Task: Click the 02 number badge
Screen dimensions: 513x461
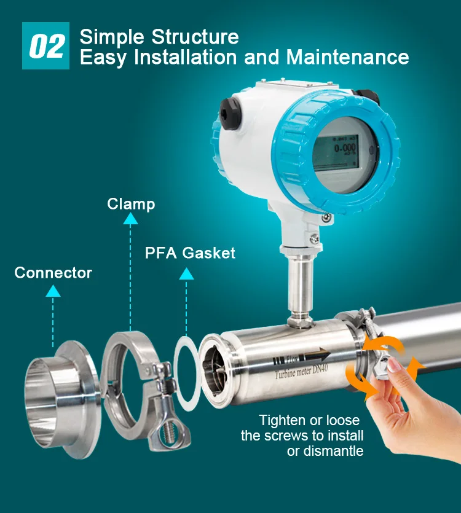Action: click(x=46, y=47)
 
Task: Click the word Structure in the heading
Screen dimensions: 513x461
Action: click(x=195, y=36)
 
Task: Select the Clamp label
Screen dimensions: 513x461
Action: click(x=131, y=203)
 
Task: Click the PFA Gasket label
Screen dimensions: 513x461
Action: click(x=190, y=253)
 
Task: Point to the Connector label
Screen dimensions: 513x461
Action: click(x=53, y=272)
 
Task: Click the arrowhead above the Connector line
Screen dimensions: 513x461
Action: click(x=53, y=291)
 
